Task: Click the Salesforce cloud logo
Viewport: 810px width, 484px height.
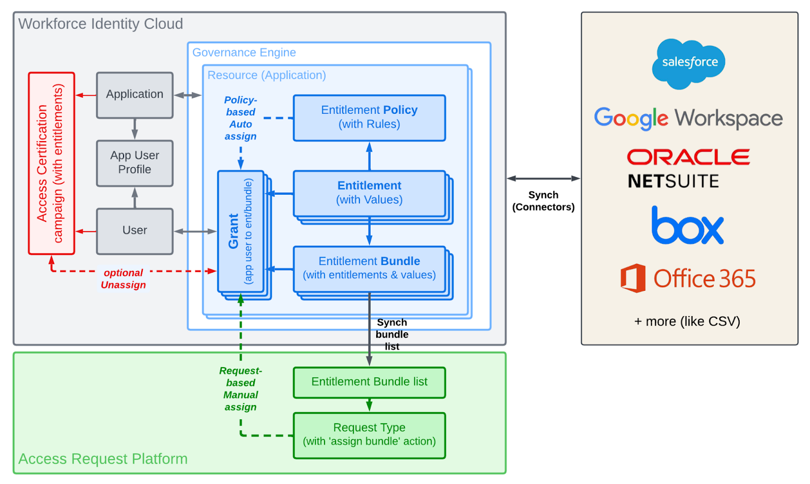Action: [x=688, y=63]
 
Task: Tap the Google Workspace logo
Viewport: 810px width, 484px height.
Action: [x=688, y=118]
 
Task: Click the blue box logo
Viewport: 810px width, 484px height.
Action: [x=687, y=226]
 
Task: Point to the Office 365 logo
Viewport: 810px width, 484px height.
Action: [x=688, y=278]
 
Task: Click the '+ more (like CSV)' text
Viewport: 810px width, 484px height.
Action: [x=687, y=321]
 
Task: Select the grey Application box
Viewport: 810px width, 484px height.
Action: [x=135, y=95]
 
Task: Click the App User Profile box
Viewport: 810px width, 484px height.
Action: [x=135, y=163]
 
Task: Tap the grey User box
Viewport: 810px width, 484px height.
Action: [x=135, y=231]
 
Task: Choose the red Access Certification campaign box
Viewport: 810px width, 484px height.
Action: [x=52, y=163]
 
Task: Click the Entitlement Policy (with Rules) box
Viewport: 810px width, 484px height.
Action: [x=369, y=117]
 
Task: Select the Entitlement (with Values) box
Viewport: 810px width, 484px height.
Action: [x=369, y=193]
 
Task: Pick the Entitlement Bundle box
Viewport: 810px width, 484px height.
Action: [x=369, y=269]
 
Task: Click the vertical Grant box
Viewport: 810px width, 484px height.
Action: [x=241, y=231]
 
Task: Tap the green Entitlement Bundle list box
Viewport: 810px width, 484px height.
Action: [x=369, y=382]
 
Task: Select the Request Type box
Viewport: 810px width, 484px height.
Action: [x=369, y=435]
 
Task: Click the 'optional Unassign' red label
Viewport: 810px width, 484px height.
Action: [x=123, y=279]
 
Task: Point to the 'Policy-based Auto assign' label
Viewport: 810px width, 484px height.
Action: [x=240, y=118]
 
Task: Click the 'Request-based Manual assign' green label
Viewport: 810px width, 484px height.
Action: [x=240, y=389]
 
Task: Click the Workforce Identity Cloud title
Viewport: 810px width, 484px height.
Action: [x=100, y=24]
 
